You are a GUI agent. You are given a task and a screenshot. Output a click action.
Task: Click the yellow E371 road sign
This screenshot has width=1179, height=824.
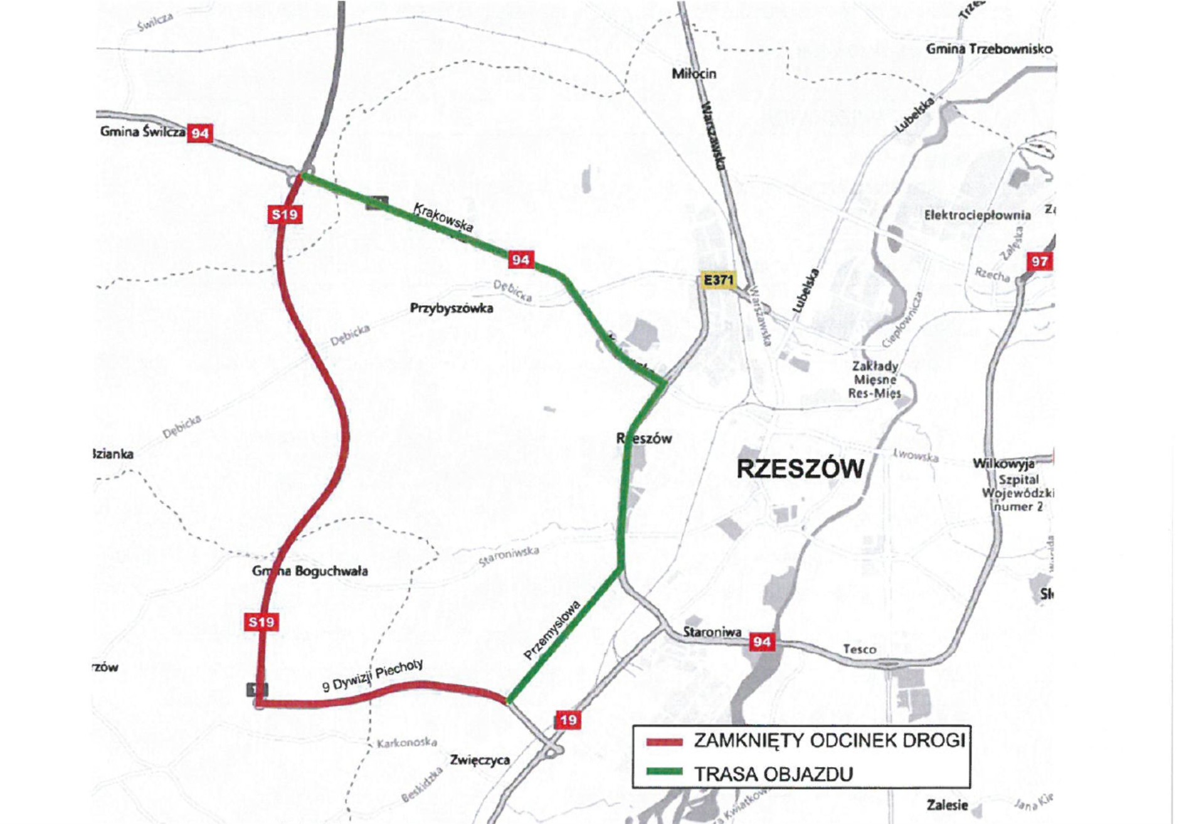tap(718, 280)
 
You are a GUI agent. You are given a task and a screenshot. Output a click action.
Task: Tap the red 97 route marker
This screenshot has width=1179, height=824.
tap(1039, 261)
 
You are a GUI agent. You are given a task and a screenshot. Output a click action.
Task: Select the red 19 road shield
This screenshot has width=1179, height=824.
tap(568, 720)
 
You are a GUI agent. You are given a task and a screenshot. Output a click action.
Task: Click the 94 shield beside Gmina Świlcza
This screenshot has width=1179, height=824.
tap(200, 134)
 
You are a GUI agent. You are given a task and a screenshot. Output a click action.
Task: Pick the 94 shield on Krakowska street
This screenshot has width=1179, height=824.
tap(521, 260)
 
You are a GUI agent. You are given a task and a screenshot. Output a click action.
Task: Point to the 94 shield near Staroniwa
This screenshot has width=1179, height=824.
tap(762, 642)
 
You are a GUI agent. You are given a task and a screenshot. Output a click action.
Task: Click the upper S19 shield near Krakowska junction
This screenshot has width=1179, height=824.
tap(285, 214)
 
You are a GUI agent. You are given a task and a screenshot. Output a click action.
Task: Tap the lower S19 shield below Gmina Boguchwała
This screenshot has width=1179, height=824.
tap(262, 622)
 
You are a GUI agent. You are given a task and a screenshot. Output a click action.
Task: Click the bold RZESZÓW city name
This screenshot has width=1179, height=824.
tap(800, 469)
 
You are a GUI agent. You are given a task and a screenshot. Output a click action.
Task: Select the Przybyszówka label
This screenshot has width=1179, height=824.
tap(452, 309)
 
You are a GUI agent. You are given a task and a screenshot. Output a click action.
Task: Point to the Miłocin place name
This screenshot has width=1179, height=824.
tap(694, 74)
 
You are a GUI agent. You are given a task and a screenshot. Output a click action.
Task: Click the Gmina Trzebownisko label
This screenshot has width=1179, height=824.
tap(989, 49)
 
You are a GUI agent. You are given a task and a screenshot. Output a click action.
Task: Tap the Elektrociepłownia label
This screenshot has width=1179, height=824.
tap(977, 215)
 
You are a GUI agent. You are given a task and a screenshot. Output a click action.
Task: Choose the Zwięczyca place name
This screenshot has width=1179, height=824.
tap(480, 760)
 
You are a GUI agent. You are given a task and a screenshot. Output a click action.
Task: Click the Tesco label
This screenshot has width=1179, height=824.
tap(859, 649)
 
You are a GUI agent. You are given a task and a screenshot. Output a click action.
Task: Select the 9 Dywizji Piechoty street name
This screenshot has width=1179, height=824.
tap(373, 675)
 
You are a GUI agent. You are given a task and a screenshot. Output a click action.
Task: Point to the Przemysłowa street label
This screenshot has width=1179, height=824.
tap(552, 630)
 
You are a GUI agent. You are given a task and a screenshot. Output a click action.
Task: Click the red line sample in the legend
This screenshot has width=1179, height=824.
tap(664, 742)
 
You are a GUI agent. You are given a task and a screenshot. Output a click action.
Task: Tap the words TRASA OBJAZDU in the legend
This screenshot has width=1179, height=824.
tap(773, 774)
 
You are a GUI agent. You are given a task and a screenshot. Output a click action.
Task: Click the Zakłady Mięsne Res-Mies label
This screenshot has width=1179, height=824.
tap(874, 379)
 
